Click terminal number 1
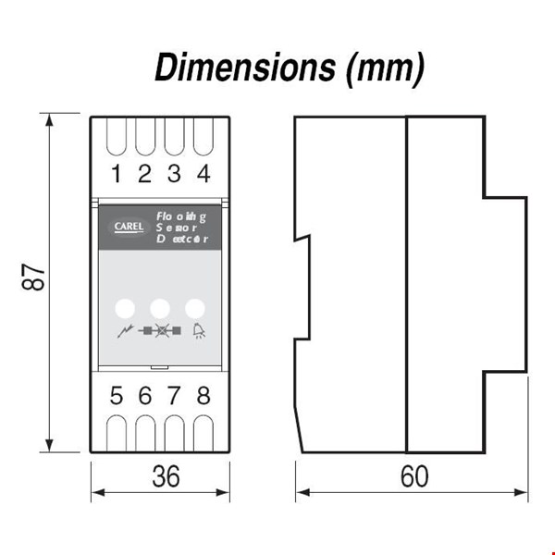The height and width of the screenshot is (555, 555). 116,173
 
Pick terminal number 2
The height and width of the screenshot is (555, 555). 144,173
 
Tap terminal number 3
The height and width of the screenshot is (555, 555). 173,173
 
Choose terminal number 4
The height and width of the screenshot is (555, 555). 203,173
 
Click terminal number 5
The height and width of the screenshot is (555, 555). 116,396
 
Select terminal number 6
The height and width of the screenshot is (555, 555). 144,396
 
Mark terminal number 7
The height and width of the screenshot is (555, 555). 173,396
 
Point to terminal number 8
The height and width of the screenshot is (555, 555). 203,396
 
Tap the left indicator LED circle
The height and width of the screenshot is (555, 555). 124,307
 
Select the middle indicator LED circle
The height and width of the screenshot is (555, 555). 160,307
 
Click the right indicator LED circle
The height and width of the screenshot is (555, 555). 195,307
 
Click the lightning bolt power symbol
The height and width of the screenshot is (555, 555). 123,330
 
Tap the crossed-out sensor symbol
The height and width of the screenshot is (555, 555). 159,330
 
